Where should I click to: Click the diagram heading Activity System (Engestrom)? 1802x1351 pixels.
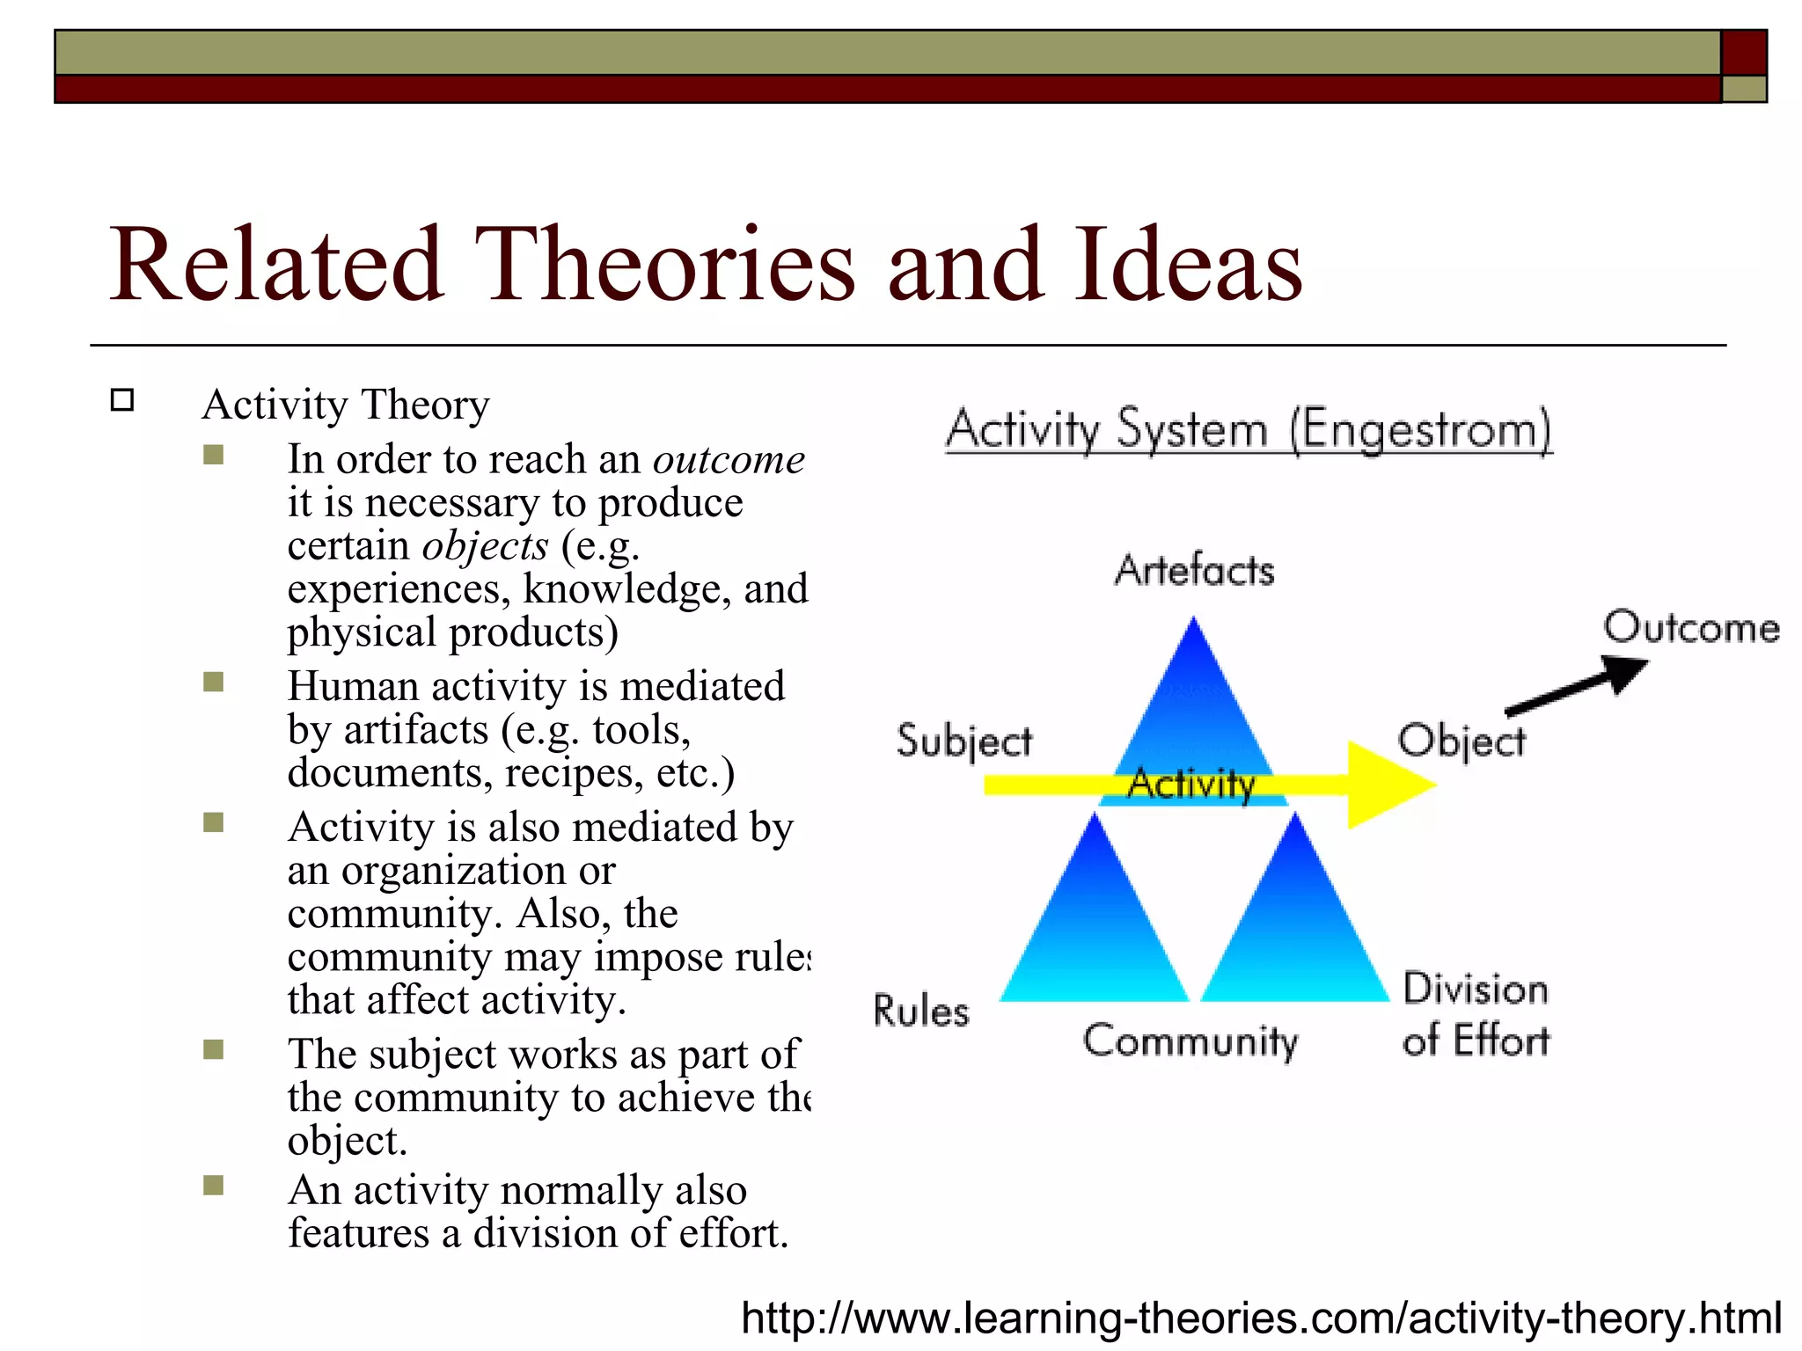click(1249, 430)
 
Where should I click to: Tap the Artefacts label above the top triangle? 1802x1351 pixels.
click(1194, 571)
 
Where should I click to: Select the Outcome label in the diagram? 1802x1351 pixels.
click(1690, 628)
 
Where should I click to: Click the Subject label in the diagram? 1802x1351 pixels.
click(963, 741)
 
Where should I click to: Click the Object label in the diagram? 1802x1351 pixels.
click(1461, 741)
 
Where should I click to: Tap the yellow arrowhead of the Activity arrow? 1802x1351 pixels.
click(1386, 785)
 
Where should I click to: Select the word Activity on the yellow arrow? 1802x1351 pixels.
click(1191, 784)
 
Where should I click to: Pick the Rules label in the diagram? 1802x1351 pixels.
click(920, 1011)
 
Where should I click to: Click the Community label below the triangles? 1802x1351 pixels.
click(1190, 1041)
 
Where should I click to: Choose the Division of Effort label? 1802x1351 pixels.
click(1476, 1014)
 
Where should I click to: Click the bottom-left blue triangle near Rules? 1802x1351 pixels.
click(1094, 932)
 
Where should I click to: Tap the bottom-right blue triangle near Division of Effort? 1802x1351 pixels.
click(1295, 932)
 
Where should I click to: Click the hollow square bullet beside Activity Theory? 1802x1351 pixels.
click(122, 400)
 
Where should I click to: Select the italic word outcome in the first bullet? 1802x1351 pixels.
click(729, 460)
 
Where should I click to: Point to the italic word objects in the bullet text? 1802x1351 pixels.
click(485, 546)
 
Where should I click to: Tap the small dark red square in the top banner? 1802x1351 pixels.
click(1743, 53)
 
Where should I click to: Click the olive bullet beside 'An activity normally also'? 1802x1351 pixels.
click(213, 1186)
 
